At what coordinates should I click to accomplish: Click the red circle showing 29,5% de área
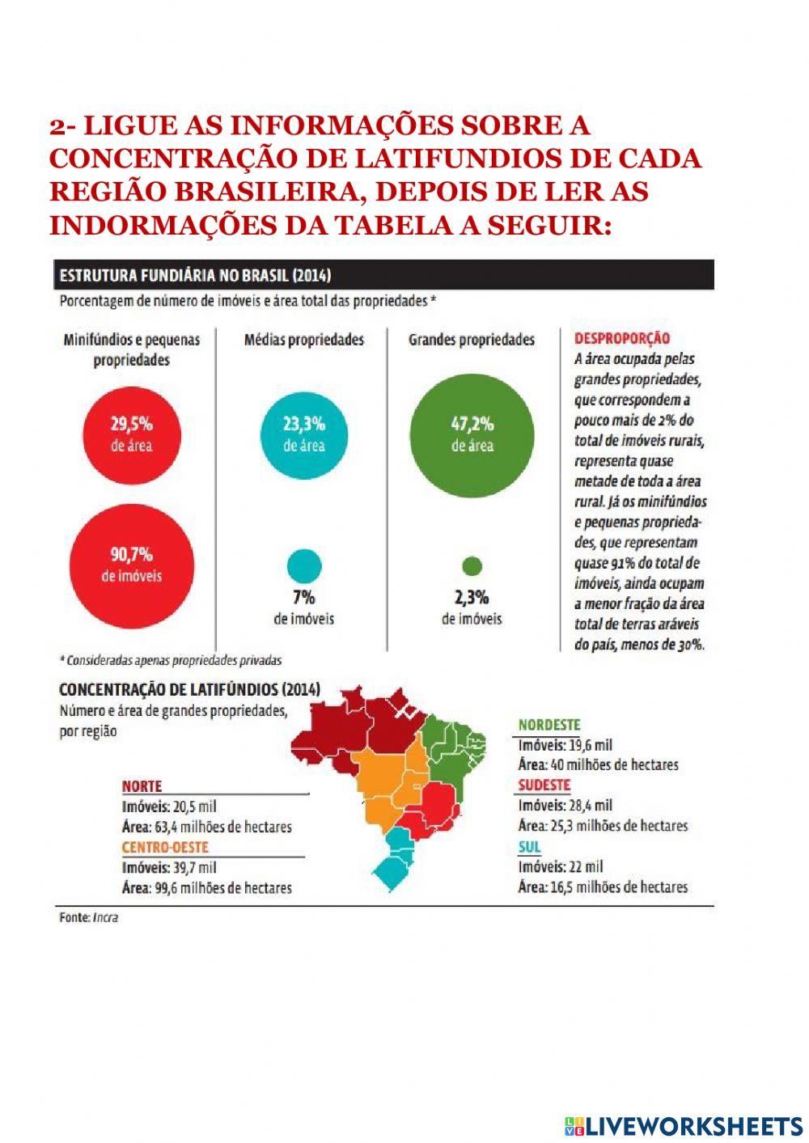pyautogui.click(x=131, y=434)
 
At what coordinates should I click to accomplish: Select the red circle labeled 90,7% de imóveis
pyautogui.click(x=131, y=565)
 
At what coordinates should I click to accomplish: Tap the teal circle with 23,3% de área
pyautogui.click(x=304, y=434)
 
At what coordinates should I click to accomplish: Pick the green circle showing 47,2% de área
pyautogui.click(x=472, y=434)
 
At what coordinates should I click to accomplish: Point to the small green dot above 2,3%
pyautogui.click(x=472, y=566)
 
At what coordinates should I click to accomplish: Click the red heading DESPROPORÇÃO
pyautogui.click(x=621, y=339)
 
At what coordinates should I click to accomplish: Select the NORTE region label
pyautogui.click(x=142, y=785)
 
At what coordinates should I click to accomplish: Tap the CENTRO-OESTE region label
pyautogui.click(x=165, y=847)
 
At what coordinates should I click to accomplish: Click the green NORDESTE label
pyautogui.click(x=549, y=725)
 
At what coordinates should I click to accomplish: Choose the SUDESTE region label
pyautogui.click(x=544, y=785)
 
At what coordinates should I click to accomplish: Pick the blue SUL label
pyautogui.click(x=530, y=846)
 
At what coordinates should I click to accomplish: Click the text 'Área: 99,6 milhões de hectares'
pyautogui.click(x=206, y=887)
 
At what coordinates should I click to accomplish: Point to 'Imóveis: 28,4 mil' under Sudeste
pyautogui.click(x=565, y=805)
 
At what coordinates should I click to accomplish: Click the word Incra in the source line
pyautogui.click(x=105, y=917)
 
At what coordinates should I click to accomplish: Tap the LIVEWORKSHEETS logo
pyautogui.click(x=684, y=1125)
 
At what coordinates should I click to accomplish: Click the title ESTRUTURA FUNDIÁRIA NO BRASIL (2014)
pyautogui.click(x=195, y=276)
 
